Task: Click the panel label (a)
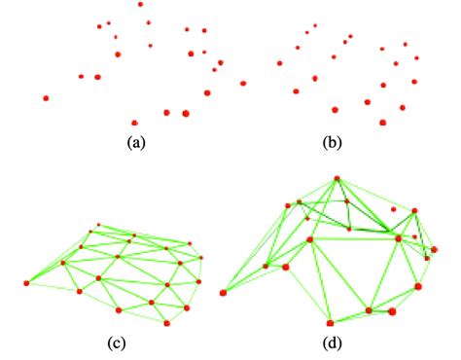pos(136,142)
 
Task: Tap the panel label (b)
pos(332,142)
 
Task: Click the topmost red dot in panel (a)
pos(141,4)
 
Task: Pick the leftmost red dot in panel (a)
pos(46,97)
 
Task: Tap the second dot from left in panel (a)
pos(81,77)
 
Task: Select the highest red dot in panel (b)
pos(315,25)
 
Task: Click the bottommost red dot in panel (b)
pos(382,123)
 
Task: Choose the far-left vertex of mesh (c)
pos(27,283)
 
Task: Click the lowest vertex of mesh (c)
pos(168,322)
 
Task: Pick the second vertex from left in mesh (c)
pos(63,262)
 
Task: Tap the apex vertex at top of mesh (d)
pos(337,179)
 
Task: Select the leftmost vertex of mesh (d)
pos(224,291)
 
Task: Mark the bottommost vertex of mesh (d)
pos(331,321)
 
